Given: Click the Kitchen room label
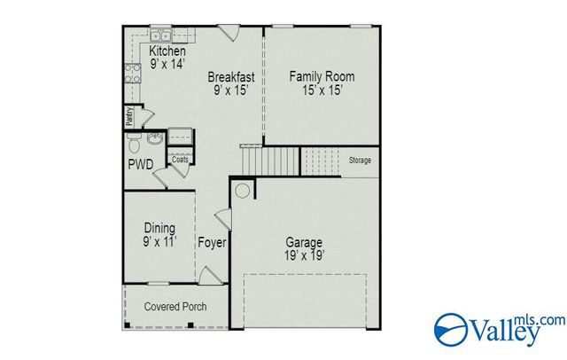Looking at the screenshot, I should [x=167, y=51].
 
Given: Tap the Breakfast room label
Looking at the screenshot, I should [x=231, y=76].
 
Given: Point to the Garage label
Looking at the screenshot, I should [x=303, y=242].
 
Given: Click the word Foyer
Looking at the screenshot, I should [x=212, y=242].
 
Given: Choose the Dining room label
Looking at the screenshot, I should [x=159, y=228].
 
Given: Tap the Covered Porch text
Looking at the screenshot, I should [x=174, y=307].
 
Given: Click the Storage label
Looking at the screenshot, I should [x=360, y=160].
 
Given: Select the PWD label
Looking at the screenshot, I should [x=138, y=164].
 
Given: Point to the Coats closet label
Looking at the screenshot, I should [x=180, y=160].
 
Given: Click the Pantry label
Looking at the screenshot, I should [x=129, y=114].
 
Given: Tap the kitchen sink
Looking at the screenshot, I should [x=161, y=36].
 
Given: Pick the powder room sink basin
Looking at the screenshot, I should [x=154, y=138].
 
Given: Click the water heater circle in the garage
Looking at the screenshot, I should [x=242, y=189].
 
